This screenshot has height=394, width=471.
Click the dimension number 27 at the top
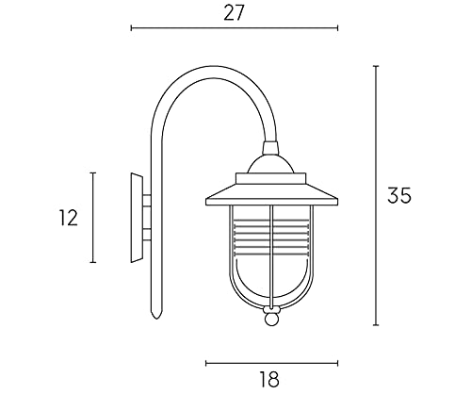(x=234, y=13)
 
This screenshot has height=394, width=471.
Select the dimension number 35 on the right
(x=399, y=195)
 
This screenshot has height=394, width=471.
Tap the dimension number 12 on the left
(x=69, y=218)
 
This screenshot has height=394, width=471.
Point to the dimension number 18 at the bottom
(x=270, y=379)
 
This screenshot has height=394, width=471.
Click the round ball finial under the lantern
(x=270, y=320)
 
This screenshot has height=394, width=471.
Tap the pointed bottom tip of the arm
(x=156, y=319)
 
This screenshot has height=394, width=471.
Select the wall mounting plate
(x=137, y=218)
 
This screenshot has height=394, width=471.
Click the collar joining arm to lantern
(x=270, y=149)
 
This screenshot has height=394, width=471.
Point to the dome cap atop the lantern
(x=271, y=165)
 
